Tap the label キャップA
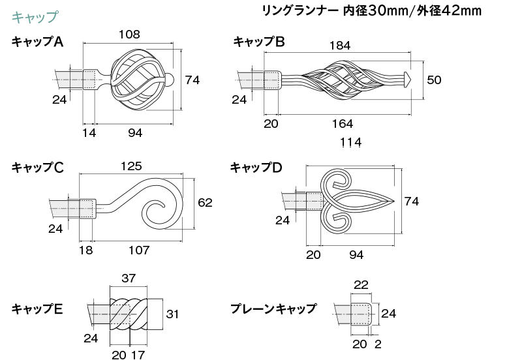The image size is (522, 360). click(37, 42)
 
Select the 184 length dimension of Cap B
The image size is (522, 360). click(339, 46)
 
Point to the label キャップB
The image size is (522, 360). click(259, 42)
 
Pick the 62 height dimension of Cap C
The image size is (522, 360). click(205, 203)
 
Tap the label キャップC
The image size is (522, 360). click(37, 168)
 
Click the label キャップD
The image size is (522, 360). click(256, 168)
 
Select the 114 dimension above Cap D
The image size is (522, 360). click(351, 142)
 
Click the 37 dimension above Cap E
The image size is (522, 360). click(129, 278)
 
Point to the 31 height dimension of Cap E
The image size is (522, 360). click(172, 314)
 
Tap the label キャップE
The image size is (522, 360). click(37, 309)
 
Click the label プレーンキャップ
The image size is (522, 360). click(273, 309)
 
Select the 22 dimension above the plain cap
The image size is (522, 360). click(361, 285)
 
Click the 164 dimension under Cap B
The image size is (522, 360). click(342, 124)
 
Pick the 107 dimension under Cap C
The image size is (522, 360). click(138, 250)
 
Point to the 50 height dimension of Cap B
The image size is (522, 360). click(434, 80)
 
